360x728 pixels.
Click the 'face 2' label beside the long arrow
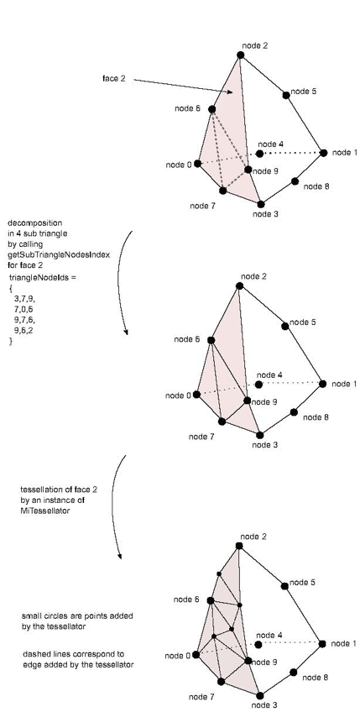pyautogui.click(x=113, y=78)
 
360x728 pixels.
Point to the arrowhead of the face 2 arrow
pyautogui.click(x=230, y=92)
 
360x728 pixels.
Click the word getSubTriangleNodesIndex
pyautogui.click(x=59, y=255)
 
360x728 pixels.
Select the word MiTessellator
pyautogui.click(x=45, y=511)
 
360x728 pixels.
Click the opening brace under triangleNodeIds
pyautogui.click(x=11, y=288)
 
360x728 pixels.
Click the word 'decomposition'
pyautogui.click(x=34, y=223)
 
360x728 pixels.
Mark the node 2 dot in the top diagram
pyautogui.click(x=240, y=55)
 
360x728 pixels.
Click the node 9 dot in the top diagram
pyautogui.click(x=248, y=170)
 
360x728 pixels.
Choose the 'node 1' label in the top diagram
pyautogui.click(x=345, y=153)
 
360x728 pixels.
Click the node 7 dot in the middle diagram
pyautogui.click(x=222, y=422)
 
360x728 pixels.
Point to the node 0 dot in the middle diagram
pyautogui.click(x=196, y=395)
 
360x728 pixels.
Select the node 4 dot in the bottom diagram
pyautogui.click(x=258, y=644)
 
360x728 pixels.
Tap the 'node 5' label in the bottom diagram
pyautogui.click(x=302, y=583)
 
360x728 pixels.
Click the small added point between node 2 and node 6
pyautogui.click(x=219, y=573)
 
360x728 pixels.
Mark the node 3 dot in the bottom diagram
pyautogui.click(x=260, y=695)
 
